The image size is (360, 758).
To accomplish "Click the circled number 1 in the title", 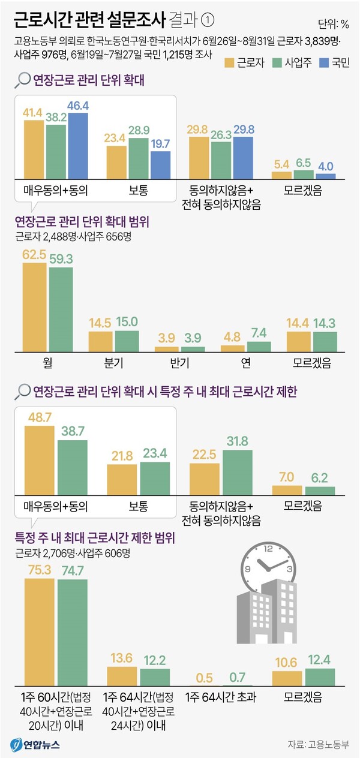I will pyautogui.click(x=207, y=20).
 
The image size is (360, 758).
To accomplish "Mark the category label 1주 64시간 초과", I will pyautogui.click(x=220, y=697).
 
